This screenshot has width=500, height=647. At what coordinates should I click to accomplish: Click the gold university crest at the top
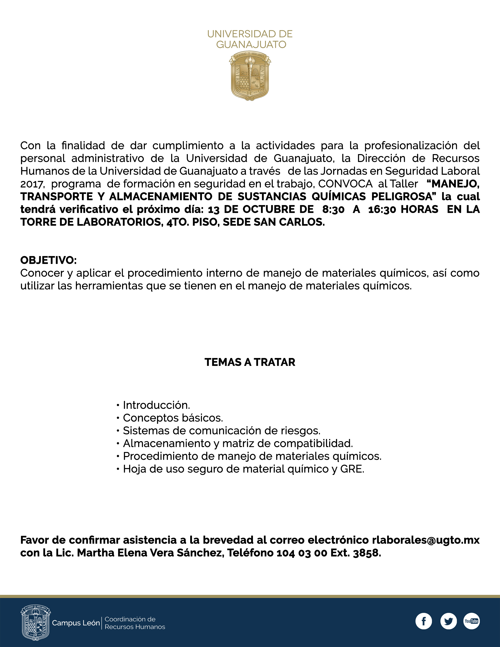(250, 76)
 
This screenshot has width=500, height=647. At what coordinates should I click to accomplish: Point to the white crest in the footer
(35, 622)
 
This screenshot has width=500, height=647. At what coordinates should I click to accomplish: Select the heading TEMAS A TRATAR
(250, 362)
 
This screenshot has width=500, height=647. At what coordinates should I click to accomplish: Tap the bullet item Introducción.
(156, 405)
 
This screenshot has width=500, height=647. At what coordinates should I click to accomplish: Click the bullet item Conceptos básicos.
(173, 418)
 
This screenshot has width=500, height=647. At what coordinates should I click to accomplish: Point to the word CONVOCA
(345, 184)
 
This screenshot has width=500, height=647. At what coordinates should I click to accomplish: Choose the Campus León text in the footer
(76, 623)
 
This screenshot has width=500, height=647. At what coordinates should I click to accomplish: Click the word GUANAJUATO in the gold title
(251, 45)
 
